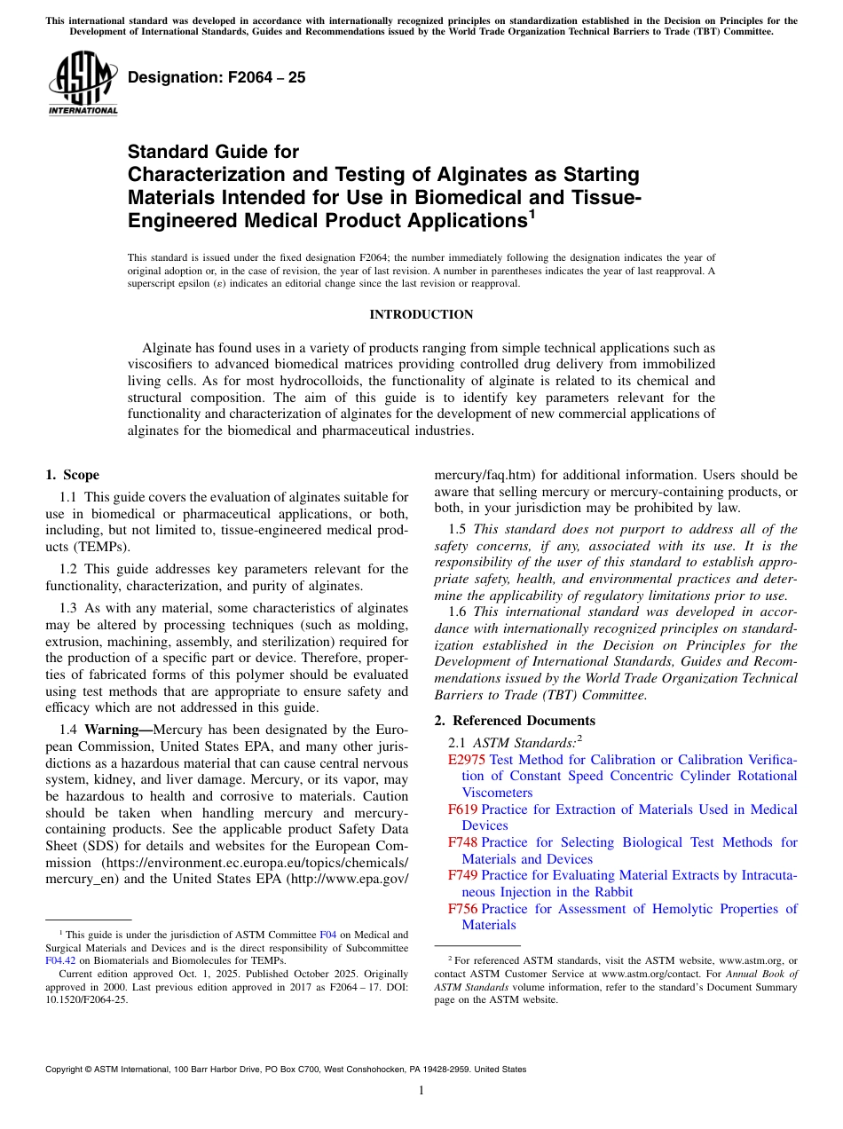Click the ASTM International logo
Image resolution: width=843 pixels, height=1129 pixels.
coord(82,83)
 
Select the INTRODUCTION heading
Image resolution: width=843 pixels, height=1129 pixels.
coord(421,314)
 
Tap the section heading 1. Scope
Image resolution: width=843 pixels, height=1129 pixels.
coord(72,476)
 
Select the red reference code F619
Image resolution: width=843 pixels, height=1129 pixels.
coord(462,809)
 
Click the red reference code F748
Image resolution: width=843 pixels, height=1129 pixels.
coord(462,842)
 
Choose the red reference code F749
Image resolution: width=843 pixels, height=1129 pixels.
coord(462,876)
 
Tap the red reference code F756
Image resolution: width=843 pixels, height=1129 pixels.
coord(462,909)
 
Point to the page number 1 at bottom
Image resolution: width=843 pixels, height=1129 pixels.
coord(421,1091)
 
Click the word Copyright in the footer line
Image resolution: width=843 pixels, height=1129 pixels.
coord(68,1070)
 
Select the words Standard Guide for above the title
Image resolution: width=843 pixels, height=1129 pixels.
coord(213,152)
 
